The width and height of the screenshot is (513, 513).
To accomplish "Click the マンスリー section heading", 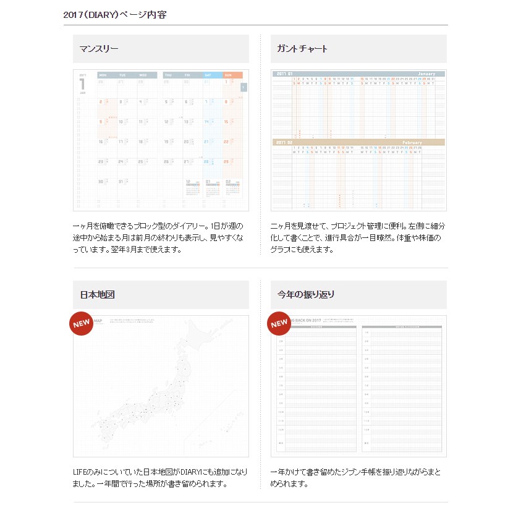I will click(x=99, y=49).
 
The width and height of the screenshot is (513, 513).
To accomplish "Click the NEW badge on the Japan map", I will click(x=82, y=324).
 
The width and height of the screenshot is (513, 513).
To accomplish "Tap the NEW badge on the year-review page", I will click(x=279, y=324).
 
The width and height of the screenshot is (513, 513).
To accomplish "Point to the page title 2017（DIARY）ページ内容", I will click(x=115, y=14).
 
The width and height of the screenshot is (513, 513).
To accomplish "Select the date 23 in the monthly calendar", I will click(x=101, y=162).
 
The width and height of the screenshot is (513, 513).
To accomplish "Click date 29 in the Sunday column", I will click(x=226, y=162).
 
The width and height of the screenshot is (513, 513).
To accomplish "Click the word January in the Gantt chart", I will click(x=430, y=74).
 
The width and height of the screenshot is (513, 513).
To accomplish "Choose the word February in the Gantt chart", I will click(x=412, y=143).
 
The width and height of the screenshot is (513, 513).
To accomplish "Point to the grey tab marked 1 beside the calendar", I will click(x=244, y=87).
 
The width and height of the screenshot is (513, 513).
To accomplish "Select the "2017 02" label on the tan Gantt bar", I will click(x=284, y=143).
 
